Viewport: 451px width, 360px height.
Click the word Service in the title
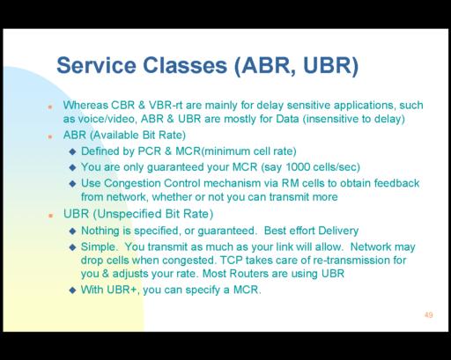click(96, 65)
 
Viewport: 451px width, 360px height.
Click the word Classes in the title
click(185, 65)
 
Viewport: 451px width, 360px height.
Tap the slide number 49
click(428, 315)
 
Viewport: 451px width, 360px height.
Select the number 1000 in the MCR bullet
click(298, 167)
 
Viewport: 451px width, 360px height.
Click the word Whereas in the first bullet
click(85, 105)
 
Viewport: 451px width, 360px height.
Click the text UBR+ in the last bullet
click(122, 290)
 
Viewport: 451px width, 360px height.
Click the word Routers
click(249, 274)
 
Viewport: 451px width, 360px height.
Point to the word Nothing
click(100, 231)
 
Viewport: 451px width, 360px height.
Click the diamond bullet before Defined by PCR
click(72, 151)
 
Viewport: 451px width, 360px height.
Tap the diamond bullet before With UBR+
click(72, 290)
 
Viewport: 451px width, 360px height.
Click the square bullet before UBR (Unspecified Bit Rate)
click(50, 216)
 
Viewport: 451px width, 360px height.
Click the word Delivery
click(338, 231)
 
